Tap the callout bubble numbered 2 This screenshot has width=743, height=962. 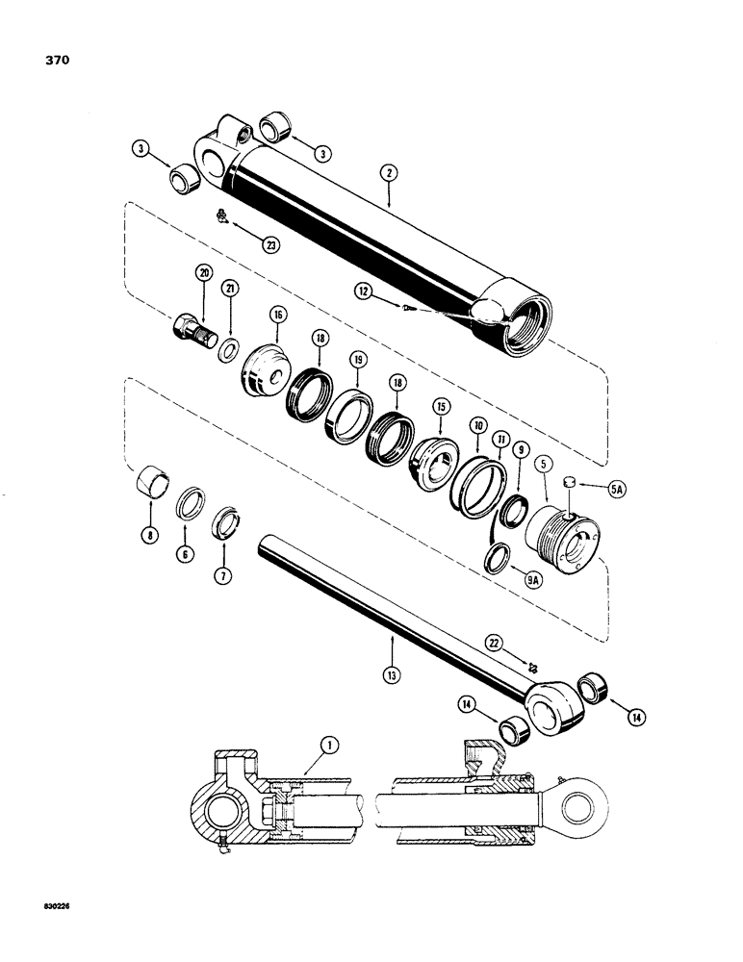388,174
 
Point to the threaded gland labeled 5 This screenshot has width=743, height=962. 563,541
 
